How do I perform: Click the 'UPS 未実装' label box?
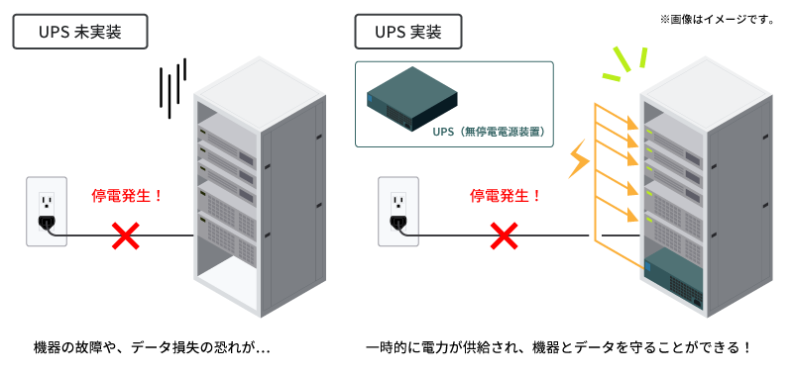[x=80, y=32]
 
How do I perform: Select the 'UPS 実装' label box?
[x=408, y=32]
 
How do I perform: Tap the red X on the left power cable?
[x=126, y=235]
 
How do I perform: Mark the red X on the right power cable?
[x=505, y=235]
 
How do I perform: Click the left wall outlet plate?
[x=47, y=212]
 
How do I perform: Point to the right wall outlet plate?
[x=398, y=212]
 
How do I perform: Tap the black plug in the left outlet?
[x=47, y=223]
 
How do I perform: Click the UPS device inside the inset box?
[x=412, y=99]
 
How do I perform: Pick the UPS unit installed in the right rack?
[x=674, y=278]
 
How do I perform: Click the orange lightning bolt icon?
[x=580, y=158]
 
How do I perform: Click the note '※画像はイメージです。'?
[x=717, y=20]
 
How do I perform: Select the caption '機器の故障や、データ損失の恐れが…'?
[x=152, y=348]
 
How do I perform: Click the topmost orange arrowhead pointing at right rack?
[x=631, y=123]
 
